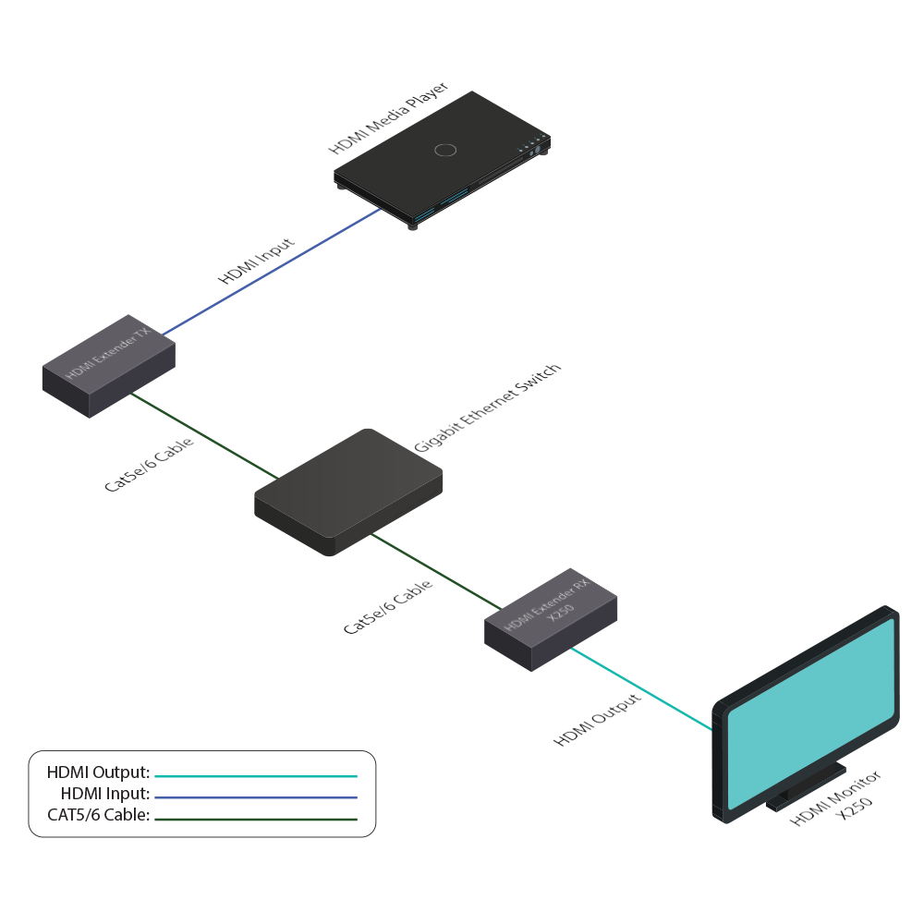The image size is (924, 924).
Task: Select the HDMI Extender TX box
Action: coord(109,375)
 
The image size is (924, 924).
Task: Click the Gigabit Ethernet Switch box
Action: coord(349,490)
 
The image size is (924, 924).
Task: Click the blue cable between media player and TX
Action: coord(273,271)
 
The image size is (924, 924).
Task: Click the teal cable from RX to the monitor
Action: coord(642,688)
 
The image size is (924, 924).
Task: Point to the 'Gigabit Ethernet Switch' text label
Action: coord(487,407)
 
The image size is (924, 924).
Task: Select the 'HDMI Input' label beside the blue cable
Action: coord(256,261)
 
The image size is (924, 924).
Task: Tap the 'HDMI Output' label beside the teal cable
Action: coord(597,720)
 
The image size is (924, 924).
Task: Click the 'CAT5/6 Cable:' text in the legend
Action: coord(98,815)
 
